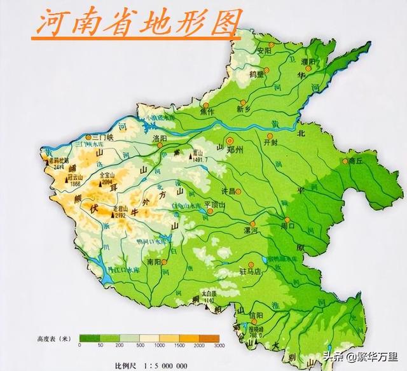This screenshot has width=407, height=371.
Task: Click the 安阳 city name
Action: click(x=265, y=51)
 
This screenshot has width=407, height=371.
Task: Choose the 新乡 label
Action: click(x=245, y=109)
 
